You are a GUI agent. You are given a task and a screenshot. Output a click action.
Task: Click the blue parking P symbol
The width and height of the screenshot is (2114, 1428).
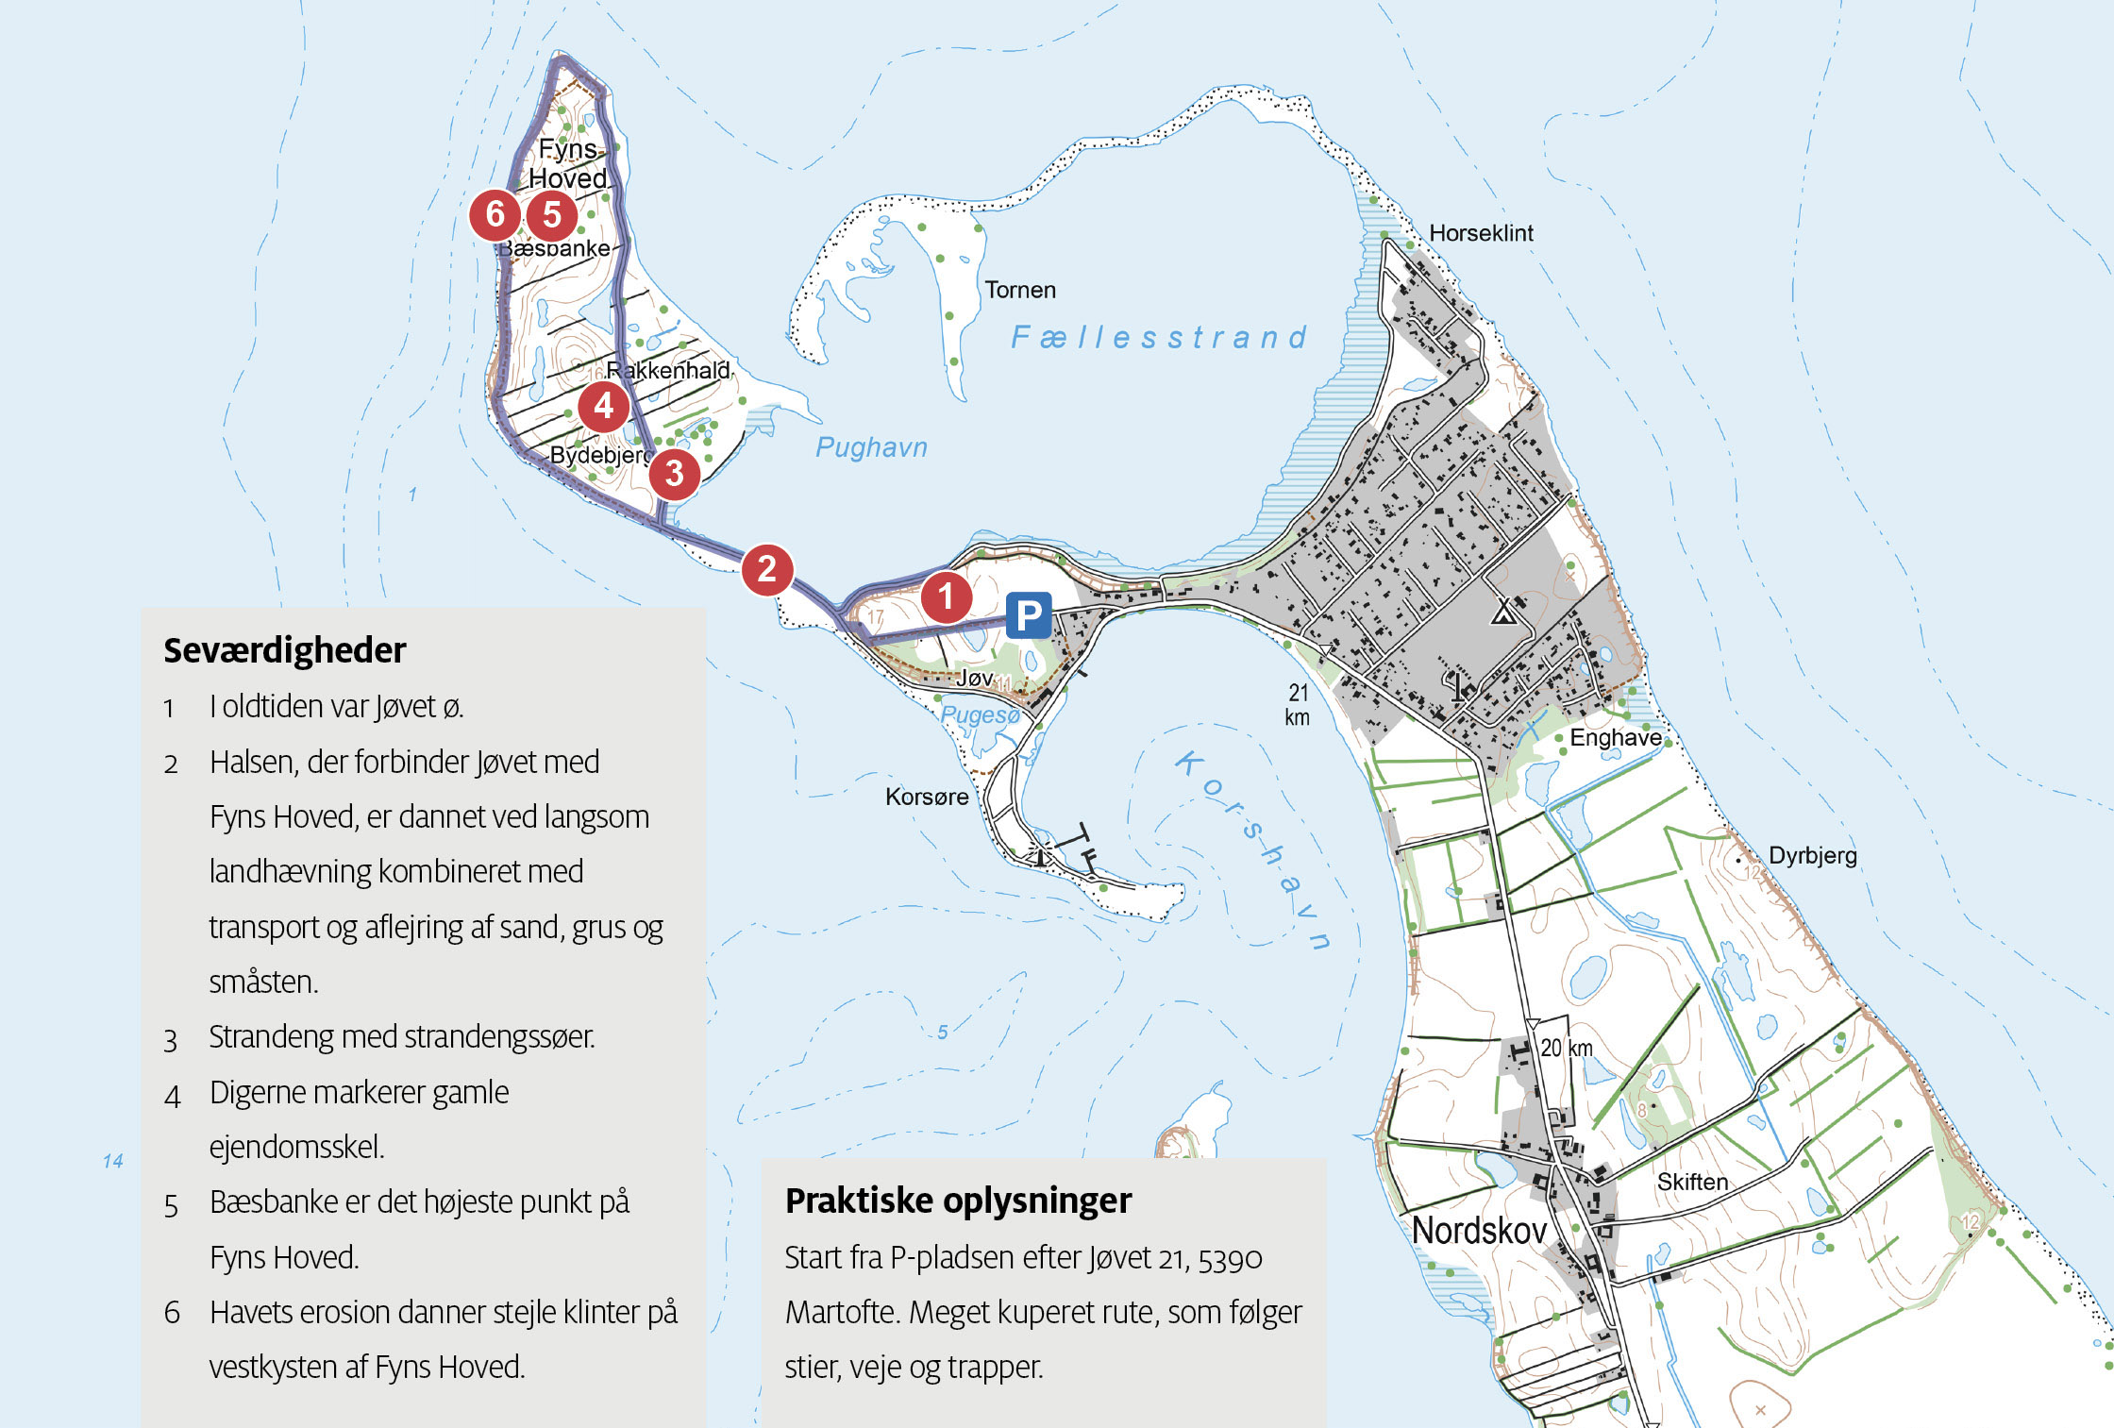point(1028,616)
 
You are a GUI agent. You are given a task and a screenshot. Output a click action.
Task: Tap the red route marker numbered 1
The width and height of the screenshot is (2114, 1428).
point(946,596)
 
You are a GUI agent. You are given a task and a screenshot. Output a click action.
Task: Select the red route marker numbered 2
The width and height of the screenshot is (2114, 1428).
point(766,569)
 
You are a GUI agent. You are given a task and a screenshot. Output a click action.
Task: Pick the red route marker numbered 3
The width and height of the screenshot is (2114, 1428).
point(674,473)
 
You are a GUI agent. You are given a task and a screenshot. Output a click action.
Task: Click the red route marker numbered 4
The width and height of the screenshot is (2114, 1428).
point(604,406)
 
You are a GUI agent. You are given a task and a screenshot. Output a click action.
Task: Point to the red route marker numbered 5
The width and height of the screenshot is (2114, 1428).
point(552,215)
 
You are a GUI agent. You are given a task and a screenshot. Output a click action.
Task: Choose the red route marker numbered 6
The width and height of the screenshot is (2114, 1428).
point(495,214)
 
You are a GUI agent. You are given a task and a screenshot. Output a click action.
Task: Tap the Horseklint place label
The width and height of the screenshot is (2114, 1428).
point(1481,233)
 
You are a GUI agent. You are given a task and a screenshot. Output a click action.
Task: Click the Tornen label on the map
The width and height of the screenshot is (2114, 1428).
point(1020,290)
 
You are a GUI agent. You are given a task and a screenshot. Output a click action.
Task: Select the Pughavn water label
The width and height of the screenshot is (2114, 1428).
point(871,447)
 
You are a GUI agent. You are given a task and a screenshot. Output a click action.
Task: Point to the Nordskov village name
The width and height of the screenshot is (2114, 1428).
point(1479,1231)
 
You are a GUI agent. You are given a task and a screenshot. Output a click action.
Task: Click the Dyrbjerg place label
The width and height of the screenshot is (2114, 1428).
point(1812,856)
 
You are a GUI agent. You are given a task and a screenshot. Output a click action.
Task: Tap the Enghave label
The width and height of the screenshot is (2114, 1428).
point(1616,737)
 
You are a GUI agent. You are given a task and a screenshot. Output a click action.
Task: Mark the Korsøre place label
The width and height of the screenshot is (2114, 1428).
point(927,797)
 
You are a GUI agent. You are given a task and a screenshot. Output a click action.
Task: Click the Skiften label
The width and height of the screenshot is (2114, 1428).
point(1692,1182)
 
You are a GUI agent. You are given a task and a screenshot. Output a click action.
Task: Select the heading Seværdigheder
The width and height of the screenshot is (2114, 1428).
point(285,650)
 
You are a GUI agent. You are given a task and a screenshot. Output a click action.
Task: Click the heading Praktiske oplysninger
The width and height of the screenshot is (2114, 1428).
point(958,1201)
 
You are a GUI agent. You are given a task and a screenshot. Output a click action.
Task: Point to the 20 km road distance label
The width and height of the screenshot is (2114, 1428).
point(1567,1048)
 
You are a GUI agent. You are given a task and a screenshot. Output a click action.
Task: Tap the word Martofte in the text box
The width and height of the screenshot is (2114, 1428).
point(843,1313)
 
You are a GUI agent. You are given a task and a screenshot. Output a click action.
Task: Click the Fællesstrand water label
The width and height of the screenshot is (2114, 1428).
point(1159,337)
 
